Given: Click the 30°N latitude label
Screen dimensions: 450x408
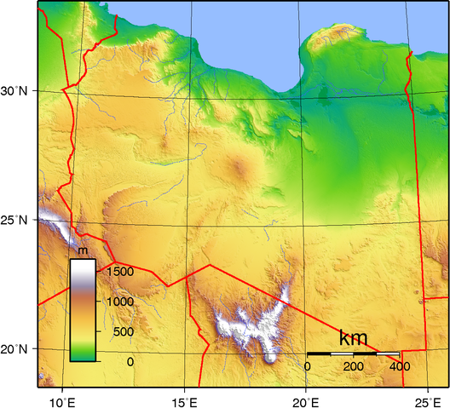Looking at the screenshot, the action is [x=15, y=89].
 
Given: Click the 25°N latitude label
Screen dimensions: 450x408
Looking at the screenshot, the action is [x=15, y=220].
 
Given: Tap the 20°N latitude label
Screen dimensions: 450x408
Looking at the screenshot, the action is [x=15, y=349].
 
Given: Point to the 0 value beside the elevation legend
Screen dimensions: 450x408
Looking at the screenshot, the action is [x=130, y=361].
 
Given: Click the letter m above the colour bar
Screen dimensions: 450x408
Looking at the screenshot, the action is [x=83, y=251].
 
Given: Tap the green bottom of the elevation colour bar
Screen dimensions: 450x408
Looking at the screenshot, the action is [x=83, y=353].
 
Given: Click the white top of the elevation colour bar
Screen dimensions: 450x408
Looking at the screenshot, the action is [x=83, y=267].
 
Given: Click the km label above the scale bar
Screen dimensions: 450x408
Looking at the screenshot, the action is [x=353, y=336].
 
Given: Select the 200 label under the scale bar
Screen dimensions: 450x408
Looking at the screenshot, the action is [x=353, y=365].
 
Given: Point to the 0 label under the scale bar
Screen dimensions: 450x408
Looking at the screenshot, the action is [x=308, y=365].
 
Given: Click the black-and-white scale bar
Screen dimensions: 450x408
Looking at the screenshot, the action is [x=353, y=353].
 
